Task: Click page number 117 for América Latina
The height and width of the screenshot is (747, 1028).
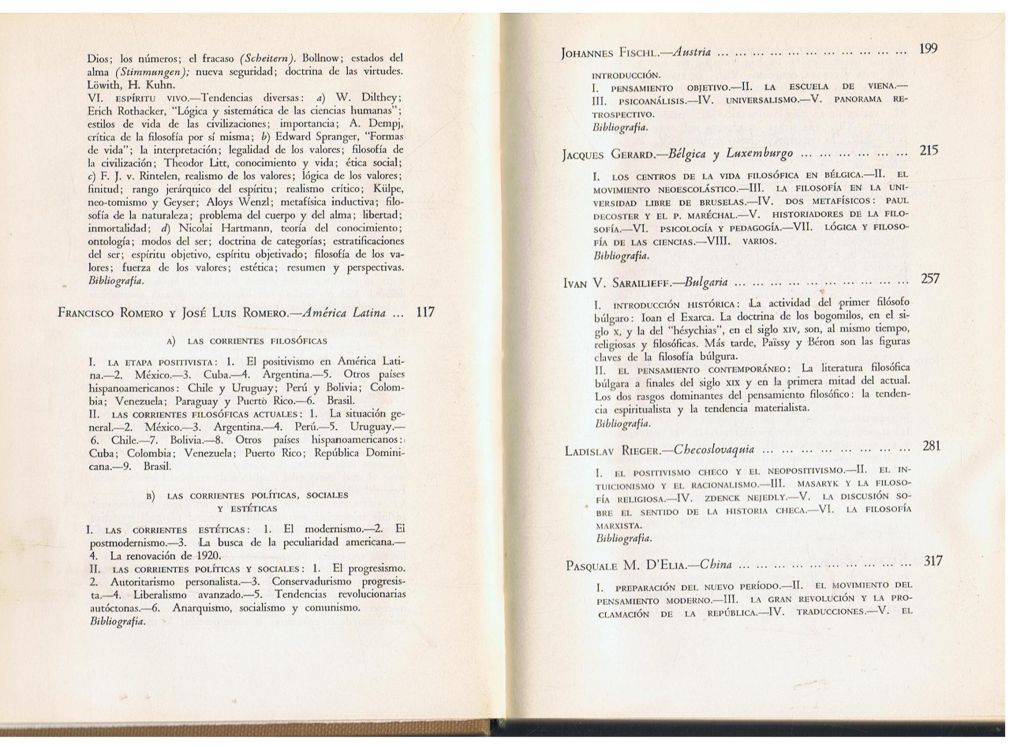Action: coord(425,313)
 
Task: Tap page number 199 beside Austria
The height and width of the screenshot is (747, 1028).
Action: coord(928,49)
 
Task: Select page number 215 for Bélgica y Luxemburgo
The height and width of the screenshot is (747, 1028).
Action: coord(929,150)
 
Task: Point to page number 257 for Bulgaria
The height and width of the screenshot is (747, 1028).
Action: coord(930,279)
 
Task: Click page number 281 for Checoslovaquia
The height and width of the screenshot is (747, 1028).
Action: coord(931,446)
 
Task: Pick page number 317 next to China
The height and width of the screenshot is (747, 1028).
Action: coord(933,561)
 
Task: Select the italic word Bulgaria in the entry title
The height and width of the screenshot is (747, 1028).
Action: coord(706,283)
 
